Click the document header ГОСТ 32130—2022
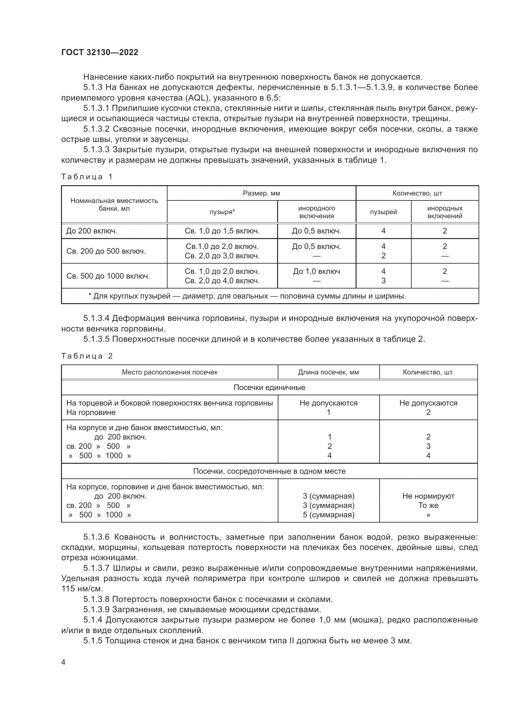(100, 52)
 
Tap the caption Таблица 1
(87, 176)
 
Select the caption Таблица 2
(87, 356)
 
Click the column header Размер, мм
(261, 193)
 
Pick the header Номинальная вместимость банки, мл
(114, 204)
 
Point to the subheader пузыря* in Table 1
(222, 212)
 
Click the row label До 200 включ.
(92, 231)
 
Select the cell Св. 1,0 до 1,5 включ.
(222, 231)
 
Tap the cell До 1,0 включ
(316, 271)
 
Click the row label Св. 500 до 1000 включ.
(108, 276)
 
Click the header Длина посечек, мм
(328, 372)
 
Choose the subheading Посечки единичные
(269, 387)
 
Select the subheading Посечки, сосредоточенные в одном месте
(269, 471)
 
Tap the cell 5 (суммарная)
(328, 514)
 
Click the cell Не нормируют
(428, 496)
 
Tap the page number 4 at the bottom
(64, 662)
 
